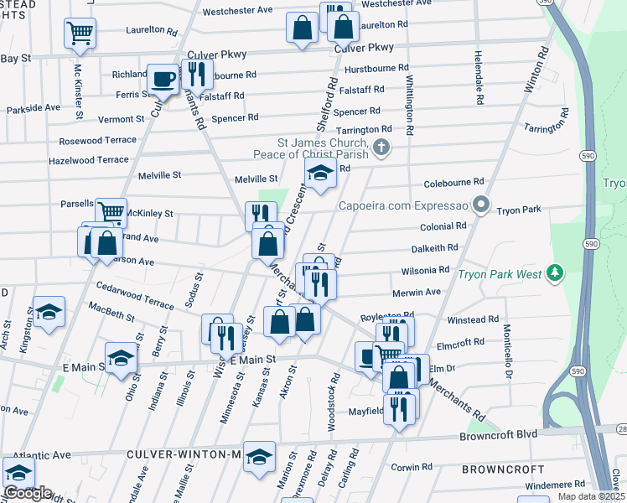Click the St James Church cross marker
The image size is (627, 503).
coord(381,148)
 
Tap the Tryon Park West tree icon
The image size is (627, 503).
coord(553,272)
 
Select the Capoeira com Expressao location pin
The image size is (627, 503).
coord(480,205)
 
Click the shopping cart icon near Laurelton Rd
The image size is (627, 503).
coord(80,33)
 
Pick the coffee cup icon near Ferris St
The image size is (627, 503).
coord(163,79)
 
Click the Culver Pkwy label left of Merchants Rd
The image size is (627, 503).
coord(216,54)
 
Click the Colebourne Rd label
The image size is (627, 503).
coord(454,181)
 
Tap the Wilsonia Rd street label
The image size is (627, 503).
coord(425,271)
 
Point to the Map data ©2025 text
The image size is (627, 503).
coord(591,496)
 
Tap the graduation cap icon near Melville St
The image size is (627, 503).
coord(319,174)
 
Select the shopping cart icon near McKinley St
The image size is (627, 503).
coord(111,211)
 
